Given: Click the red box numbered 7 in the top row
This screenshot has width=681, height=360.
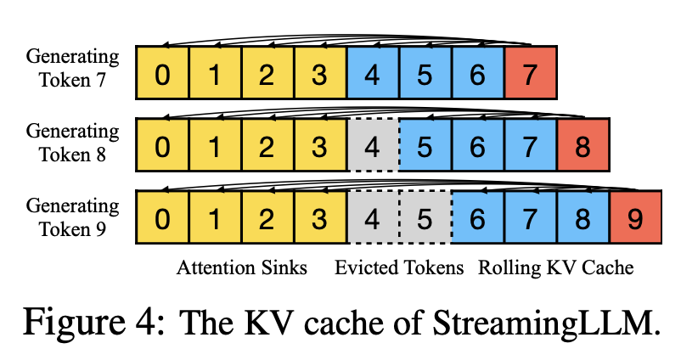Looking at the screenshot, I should tap(530, 74).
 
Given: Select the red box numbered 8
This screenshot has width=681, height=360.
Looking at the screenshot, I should tap(583, 146).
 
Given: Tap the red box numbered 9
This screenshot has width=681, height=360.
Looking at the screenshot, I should tap(635, 218).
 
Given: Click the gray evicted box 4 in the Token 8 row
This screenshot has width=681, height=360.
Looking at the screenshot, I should tap(372, 146).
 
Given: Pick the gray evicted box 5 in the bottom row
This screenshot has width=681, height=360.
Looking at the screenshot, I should tap(425, 218).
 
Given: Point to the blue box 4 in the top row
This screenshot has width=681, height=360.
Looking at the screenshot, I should tap(372, 74).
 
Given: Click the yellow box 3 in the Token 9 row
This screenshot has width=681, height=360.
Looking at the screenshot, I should tap(319, 218).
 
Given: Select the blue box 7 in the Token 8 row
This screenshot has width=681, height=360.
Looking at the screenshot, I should tap(530, 146).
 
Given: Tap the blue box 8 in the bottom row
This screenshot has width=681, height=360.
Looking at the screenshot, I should tap(583, 218).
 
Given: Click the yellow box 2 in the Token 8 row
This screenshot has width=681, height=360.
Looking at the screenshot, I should tap(267, 146).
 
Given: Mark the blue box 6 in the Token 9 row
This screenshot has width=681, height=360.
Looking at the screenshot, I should tap(477, 218).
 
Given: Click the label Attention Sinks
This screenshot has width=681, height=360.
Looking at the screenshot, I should tap(242, 268).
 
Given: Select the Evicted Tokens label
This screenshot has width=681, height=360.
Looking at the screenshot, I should tap(399, 268).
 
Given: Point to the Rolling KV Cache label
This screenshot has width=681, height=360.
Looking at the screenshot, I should tap(556, 268).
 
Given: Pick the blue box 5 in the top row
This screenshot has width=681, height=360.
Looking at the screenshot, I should tap(425, 74).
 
